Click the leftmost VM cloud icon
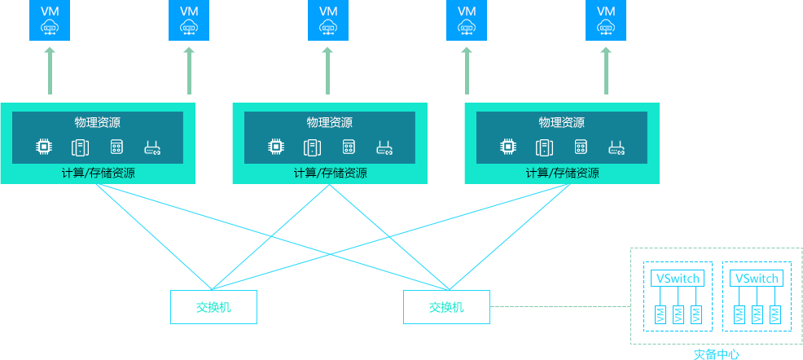click(49, 20)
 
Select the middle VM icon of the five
click(328, 20)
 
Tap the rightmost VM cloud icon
click(606, 20)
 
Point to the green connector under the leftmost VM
click(49, 72)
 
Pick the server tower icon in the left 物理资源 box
click(80, 147)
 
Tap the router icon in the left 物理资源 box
click(152, 147)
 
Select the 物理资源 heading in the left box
click(98, 123)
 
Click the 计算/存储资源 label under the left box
click(98, 173)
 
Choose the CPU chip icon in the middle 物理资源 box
click(276, 147)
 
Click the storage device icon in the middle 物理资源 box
click(349, 147)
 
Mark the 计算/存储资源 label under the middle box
click(330, 173)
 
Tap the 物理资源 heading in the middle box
click(330, 123)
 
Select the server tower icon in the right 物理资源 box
click(544, 147)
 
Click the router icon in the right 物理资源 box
click(617, 147)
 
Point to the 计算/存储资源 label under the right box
click(562, 173)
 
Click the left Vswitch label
click(678, 279)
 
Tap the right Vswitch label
click(757, 279)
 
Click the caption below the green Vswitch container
click(717, 354)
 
